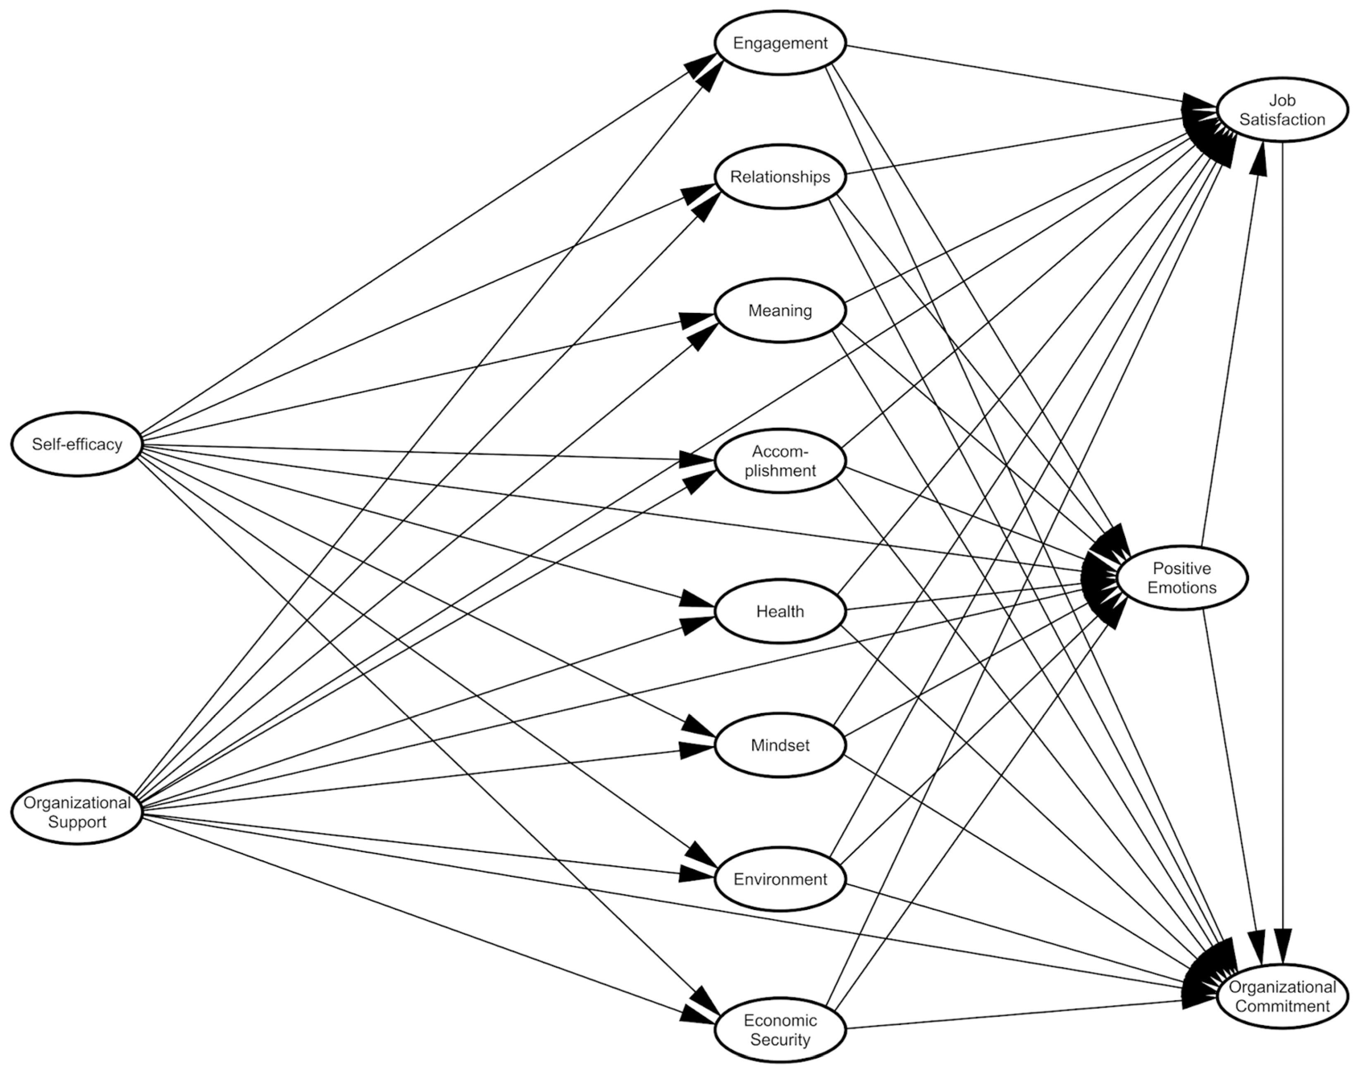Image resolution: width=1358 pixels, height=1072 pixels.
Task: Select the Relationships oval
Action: (x=780, y=177)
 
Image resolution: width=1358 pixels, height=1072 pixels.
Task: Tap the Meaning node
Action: (x=780, y=310)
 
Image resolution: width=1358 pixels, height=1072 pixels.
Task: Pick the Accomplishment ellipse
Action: (x=780, y=461)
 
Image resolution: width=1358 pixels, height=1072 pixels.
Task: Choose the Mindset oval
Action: (x=780, y=745)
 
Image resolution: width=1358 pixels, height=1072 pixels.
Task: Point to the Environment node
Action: (x=780, y=879)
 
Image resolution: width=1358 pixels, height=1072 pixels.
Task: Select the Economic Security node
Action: (x=780, y=1029)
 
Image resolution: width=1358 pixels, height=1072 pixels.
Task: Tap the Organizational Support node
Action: (x=76, y=812)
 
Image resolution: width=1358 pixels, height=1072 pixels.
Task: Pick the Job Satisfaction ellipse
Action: (x=1282, y=110)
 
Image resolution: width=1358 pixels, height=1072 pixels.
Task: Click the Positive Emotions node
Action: (x=1181, y=578)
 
